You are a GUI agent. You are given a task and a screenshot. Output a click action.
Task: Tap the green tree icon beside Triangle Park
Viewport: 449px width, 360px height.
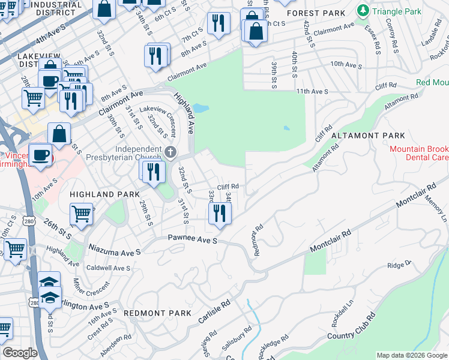[x=362, y=11]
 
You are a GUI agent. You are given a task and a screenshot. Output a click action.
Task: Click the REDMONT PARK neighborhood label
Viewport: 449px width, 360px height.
[x=157, y=313]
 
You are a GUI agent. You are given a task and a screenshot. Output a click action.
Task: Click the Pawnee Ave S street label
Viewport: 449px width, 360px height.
[x=192, y=240]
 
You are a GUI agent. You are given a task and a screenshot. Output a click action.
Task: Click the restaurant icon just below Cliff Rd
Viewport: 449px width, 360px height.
[x=219, y=213]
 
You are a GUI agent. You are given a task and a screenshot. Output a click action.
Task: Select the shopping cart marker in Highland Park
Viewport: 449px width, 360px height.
[x=81, y=213]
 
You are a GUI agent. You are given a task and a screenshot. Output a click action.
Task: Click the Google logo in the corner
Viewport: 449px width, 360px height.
[x=20, y=353]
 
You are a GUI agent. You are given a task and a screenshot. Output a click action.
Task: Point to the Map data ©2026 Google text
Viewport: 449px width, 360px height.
[x=411, y=355]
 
